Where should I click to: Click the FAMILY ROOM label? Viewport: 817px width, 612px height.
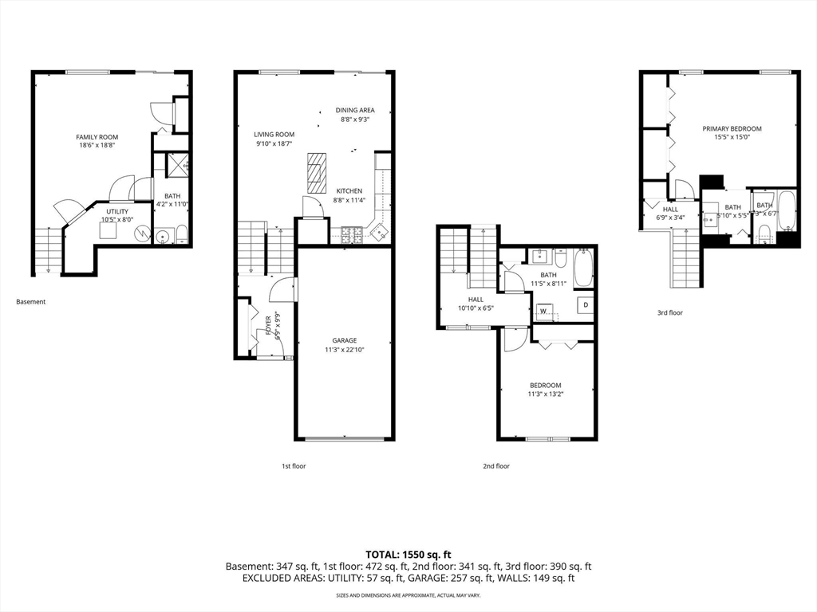tap(97, 137)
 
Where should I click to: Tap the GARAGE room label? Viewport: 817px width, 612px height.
tap(345, 340)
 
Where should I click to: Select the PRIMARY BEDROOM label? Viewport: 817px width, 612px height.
tap(732, 128)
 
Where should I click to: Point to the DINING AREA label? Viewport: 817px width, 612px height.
tap(354, 111)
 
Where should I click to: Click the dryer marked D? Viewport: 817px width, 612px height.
tap(585, 305)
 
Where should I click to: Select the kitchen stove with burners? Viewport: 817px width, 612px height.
tap(352, 234)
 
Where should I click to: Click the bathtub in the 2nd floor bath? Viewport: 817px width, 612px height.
tap(583, 269)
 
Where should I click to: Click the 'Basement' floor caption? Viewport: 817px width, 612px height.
tap(31, 302)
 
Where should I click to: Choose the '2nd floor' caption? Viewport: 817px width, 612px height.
tap(495, 466)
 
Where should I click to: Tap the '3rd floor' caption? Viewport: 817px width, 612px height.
tap(669, 313)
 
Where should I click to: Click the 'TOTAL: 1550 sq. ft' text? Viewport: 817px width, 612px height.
tap(408, 554)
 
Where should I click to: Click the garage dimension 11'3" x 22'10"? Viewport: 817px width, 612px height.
tap(345, 350)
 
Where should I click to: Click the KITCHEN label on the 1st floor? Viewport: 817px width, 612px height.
tap(349, 191)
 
